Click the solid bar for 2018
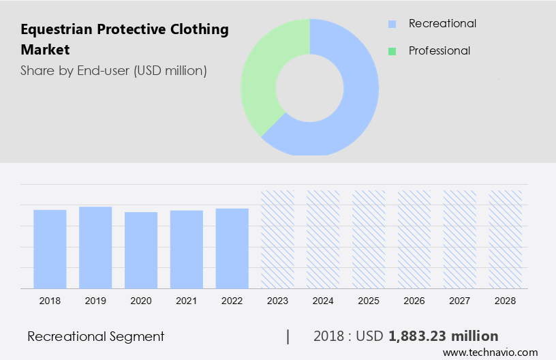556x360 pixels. click(x=50, y=249)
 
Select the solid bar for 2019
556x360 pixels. click(x=95, y=247)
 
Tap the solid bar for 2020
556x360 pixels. click(x=141, y=250)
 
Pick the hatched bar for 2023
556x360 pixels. click(x=277, y=239)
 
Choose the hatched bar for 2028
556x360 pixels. click(x=505, y=239)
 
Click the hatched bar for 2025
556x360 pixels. click(x=369, y=239)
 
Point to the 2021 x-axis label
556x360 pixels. click(x=186, y=300)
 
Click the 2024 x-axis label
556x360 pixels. click(x=323, y=300)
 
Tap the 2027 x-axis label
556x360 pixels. click(x=459, y=300)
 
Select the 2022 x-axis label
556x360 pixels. click(x=232, y=300)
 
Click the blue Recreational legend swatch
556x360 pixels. click(x=392, y=24)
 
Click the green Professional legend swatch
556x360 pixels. click(x=392, y=51)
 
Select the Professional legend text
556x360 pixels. click(x=439, y=50)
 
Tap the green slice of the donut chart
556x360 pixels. click(x=262, y=75)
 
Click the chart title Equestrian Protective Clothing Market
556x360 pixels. click(x=125, y=40)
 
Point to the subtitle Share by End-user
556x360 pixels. click(x=114, y=70)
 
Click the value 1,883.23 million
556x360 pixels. click(x=443, y=336)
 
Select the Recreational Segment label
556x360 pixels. click(x=96, y=336)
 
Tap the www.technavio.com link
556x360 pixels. click(x=490, y=352)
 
